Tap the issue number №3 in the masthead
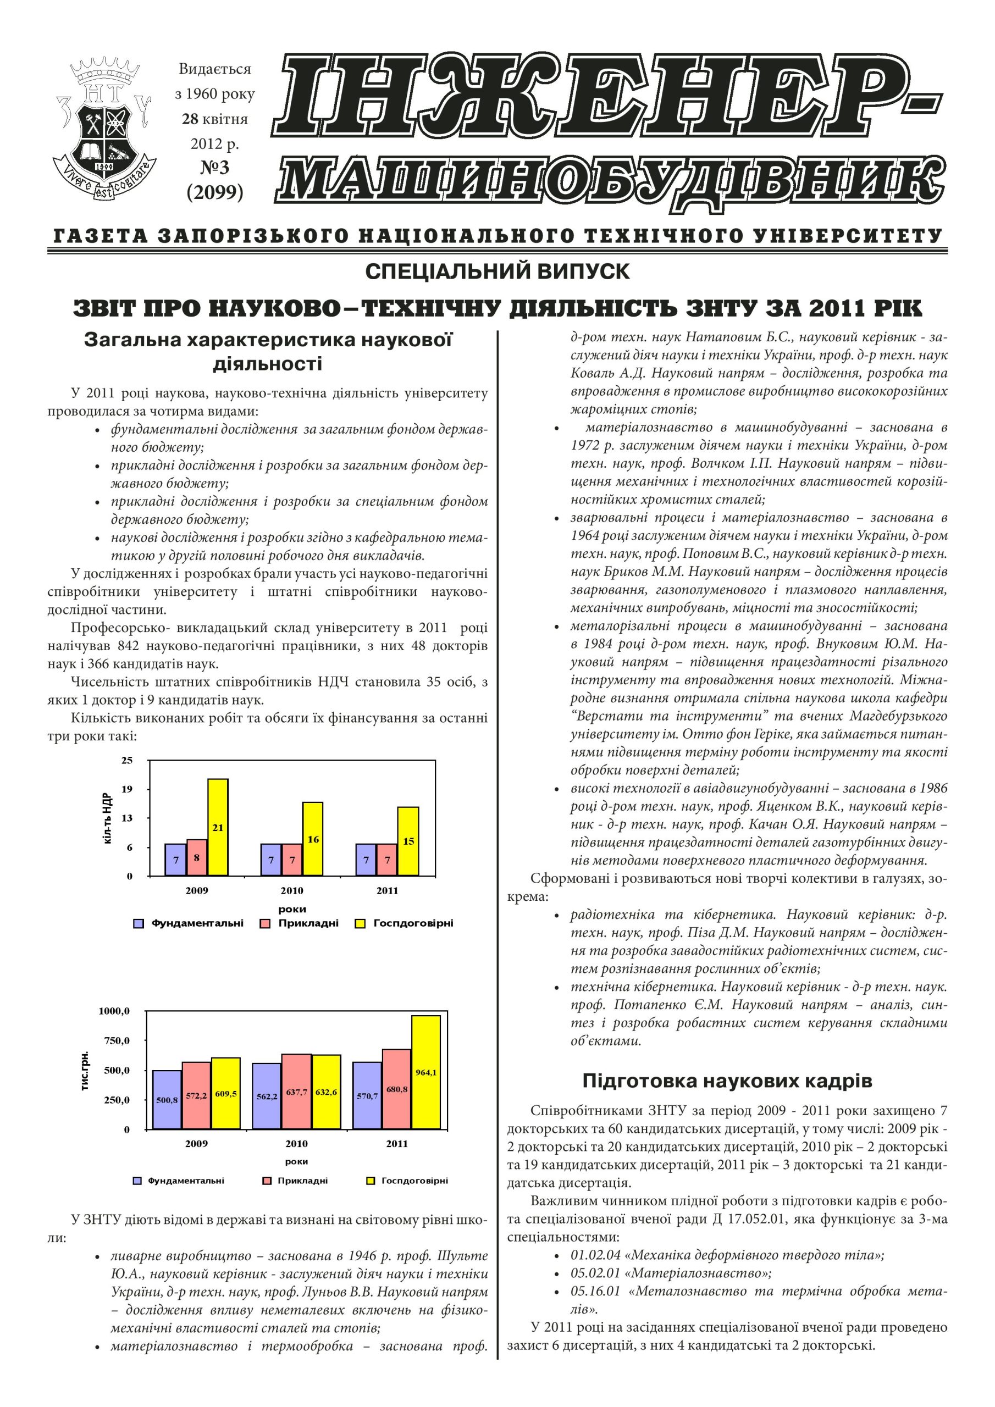[214, 167]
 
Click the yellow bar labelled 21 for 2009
[218, 827]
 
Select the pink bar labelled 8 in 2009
[197, 857]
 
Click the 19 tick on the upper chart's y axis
[127, 789]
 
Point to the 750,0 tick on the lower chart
[117, 1040]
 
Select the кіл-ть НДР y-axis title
[108, 818]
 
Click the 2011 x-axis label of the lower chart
[397, 1144]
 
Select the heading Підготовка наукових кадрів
[727, 1081]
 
